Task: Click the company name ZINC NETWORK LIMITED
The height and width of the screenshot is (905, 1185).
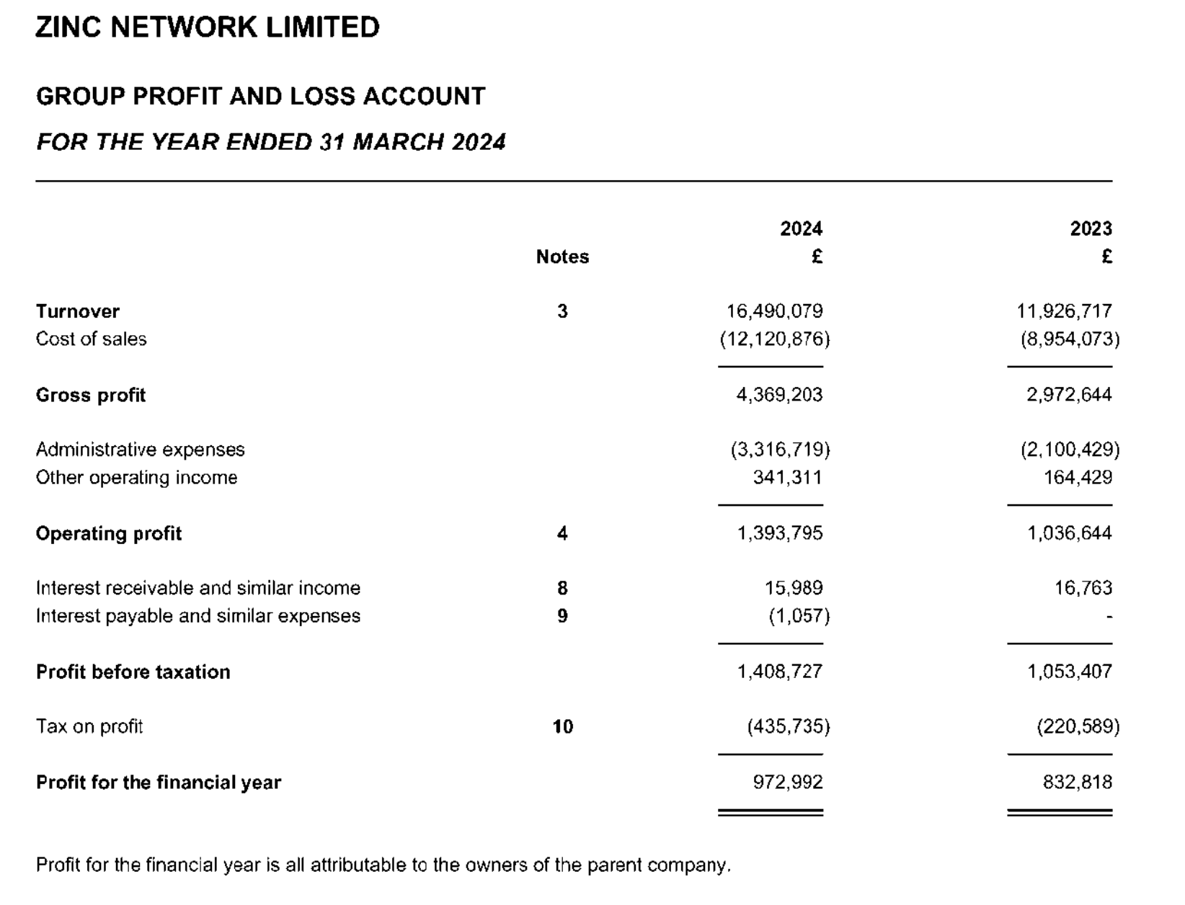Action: pyautogui.click(x=208, y=27)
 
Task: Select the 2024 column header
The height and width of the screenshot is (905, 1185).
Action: pyautogui.click(x=801, y=229)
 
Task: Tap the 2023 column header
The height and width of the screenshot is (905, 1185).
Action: pyautogui.click(x=1091, y=229)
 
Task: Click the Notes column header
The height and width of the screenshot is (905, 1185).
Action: pyautogui.click(x=562, y=257)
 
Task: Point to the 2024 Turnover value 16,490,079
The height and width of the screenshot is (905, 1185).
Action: pyautogui.click(x=774, y=311)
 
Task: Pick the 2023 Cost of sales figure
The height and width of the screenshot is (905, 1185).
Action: pyautogui.click(x=1070, y=339)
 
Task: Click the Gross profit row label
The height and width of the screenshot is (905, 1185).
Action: pyautogui.click(x=91, y=396)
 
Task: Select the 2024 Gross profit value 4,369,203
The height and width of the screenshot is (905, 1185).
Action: pyautogui.click(x=779, y=395)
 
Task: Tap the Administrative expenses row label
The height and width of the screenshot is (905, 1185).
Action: pyautogui.click(x=141, y=450)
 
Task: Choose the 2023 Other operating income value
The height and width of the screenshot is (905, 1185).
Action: pyautogui.click(x=1078, y=478)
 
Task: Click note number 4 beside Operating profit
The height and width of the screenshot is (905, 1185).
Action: pyautogui.click(x=562, y=533)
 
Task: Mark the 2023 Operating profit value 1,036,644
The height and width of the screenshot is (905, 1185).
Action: pyautogui.click(x=1069, y=533)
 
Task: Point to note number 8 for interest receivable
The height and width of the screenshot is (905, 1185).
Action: pyautogui.click(x=562, y=589)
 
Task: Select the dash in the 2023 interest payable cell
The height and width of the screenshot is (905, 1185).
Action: pyautogui.click(x=1109, y=617)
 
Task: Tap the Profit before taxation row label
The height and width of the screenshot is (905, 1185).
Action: pyautogui.click(x=133, y=672)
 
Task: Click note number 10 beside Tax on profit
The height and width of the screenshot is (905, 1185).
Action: pyautogui.click(x=562, y=727)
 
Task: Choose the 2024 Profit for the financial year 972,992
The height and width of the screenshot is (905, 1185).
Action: pyautogui.click(x=787, y=783)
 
